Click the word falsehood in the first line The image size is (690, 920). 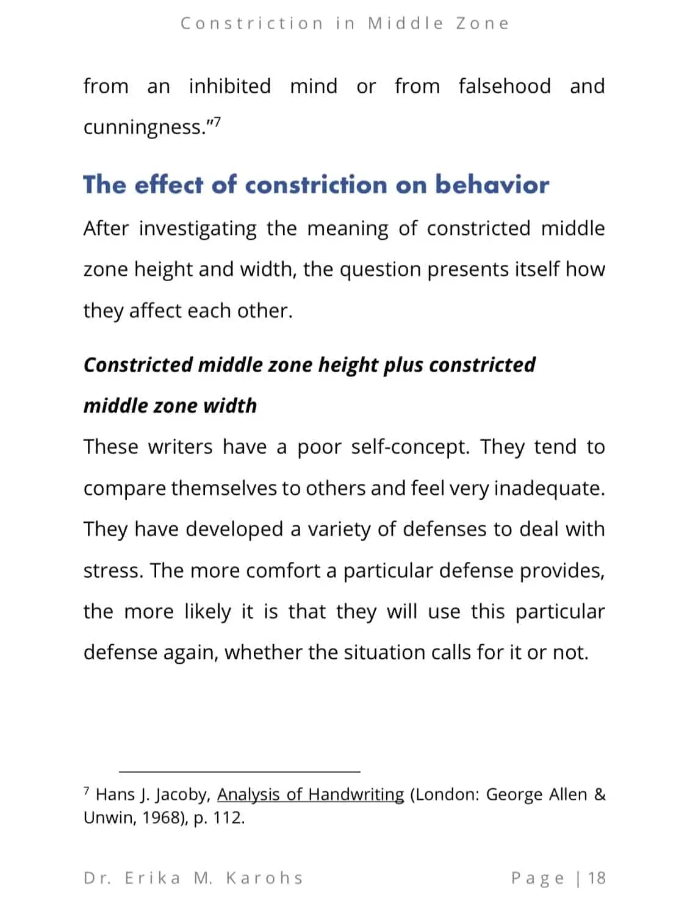point(504,86)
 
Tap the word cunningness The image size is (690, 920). point(143,128)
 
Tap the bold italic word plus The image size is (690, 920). point(403,365)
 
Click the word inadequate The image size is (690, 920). point(548,488)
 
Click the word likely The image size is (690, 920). point(207,611)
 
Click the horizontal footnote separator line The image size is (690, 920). point(239,772)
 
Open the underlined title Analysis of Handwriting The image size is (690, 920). point(311,794)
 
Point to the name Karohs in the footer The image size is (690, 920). point(264,878)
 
